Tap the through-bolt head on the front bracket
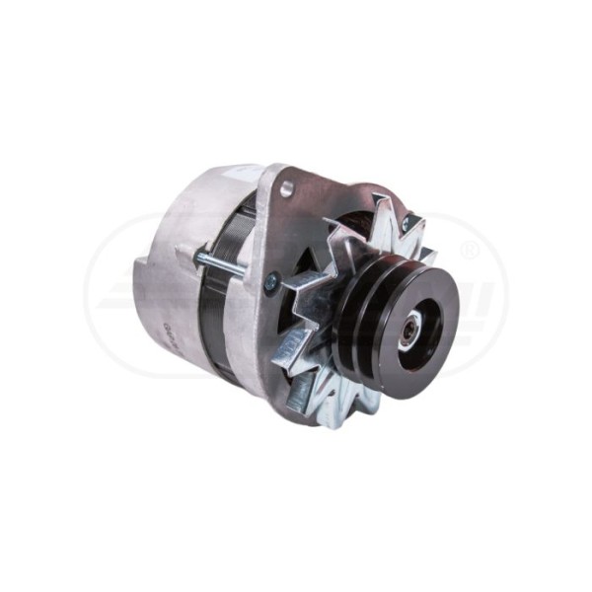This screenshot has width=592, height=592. point(271,279)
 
